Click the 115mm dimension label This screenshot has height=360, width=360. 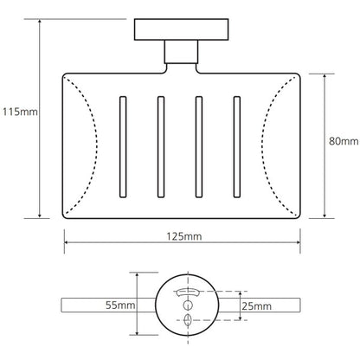coord(20,112)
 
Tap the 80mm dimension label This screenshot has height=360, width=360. coord(344,141)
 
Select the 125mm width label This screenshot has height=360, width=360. coord(184,236)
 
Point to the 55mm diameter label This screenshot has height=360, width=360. coord(120,305)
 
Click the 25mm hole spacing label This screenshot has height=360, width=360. coord(256,306)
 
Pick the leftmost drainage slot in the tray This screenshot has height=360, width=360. coord(123,147)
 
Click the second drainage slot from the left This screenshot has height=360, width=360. coord(161,147)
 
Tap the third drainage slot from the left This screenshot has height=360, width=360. coord(199,147)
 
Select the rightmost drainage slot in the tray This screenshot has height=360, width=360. coord(237,147)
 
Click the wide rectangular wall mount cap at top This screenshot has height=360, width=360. coord(182,29)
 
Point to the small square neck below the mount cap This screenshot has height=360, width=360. coord(182,52)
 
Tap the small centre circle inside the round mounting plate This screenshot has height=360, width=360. coord(188,305)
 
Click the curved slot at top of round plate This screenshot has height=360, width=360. coord(188,292)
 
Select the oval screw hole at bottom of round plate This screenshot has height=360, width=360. coord(188,319)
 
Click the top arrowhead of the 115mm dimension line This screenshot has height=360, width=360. coord(40,22)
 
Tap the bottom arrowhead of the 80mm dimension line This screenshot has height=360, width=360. coord(325,215)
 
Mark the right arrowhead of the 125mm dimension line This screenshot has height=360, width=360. coord(298,242)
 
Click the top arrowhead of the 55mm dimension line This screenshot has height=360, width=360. coord(137,274)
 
